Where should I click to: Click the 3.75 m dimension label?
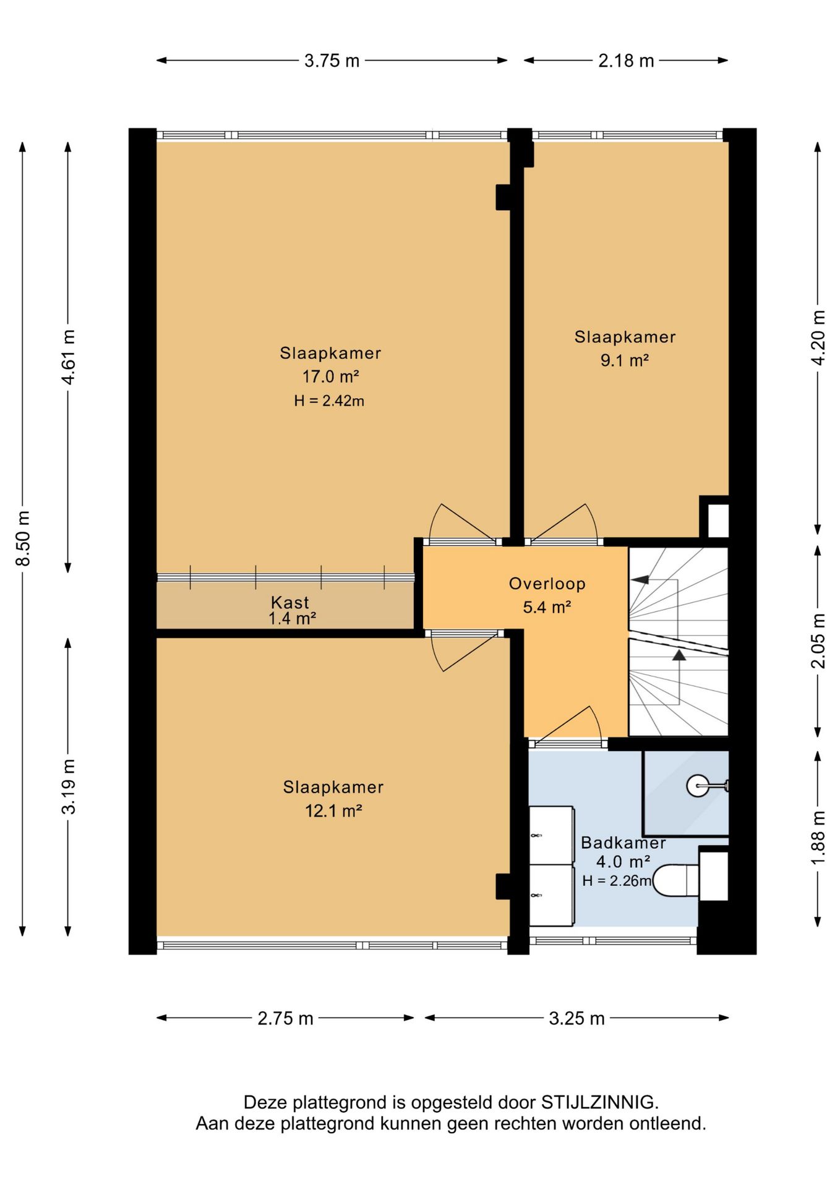coord(332,61)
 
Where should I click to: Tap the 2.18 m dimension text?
coord(626,61)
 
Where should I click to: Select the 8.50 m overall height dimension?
coord(23,538)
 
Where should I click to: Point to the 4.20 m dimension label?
coord(818,338)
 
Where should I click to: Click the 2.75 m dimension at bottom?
coord(285,1018)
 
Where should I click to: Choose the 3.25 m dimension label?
coord(576,1018)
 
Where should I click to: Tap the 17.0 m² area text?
coord(331,377)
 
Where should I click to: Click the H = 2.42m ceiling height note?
coord(329,401)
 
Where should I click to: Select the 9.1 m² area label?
coord(625,360)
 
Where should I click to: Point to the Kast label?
coord(290,602)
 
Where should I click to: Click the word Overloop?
coord(547,584)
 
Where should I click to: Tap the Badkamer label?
coord(624,843)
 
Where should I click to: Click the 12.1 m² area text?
coord(333,810)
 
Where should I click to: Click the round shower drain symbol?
coord(698,786)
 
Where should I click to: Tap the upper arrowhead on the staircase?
coord(640,579)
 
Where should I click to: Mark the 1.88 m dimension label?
coord(818,838)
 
